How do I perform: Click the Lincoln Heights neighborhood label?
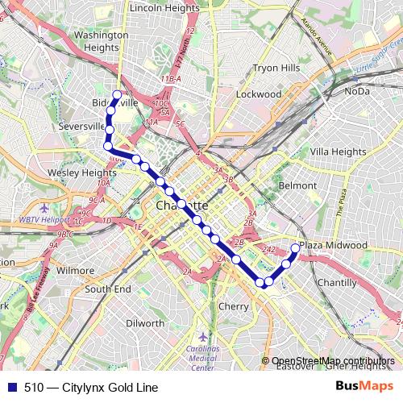click(164, 7)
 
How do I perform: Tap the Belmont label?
click(297, 185)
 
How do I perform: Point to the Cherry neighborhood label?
click(234, 306)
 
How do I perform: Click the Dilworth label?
click(146, 323)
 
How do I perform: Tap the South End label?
click(108, 289)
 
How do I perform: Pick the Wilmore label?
click(76, 271)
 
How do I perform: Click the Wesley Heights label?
click(82, 172)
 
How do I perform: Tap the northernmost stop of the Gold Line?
click(117, 95)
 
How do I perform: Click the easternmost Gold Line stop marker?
click(295, 249)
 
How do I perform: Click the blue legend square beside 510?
click(10, 387)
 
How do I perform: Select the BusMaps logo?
click(364, 387)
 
